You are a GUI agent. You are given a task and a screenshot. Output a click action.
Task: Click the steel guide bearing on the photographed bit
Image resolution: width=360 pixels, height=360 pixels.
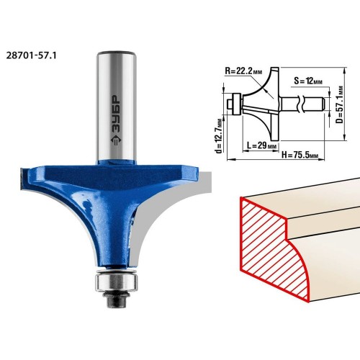(x=117, y=283)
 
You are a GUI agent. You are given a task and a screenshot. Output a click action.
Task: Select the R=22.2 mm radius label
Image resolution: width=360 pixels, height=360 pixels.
(x=243, y=71)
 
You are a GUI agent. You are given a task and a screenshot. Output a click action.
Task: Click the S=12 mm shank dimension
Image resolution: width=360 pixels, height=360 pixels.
(x=308, y=81)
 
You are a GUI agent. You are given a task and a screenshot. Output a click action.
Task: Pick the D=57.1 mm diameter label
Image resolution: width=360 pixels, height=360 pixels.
(x=341, y=104)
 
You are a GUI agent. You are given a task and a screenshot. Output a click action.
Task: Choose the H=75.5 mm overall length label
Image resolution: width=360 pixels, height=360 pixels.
(x=300, y=155)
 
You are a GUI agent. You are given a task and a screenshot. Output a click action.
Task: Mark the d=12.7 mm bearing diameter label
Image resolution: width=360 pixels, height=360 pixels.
(x=219, y=136)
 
